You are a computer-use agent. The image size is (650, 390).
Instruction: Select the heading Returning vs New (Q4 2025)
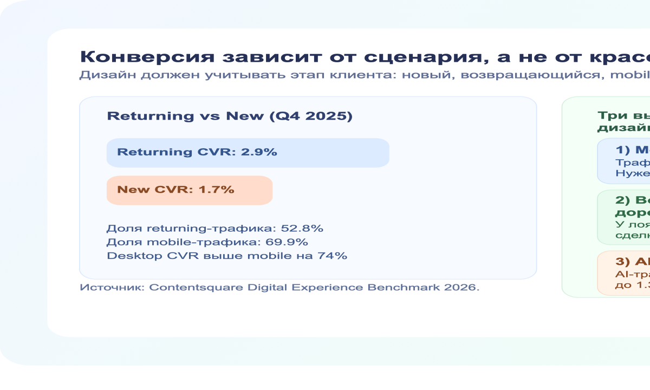coord(230,116)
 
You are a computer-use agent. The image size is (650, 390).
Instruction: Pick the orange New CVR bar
coord(255,190)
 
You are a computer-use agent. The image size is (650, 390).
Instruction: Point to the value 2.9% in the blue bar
coord(259,152)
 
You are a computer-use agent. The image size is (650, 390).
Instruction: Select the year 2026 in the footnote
coord(462,288)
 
